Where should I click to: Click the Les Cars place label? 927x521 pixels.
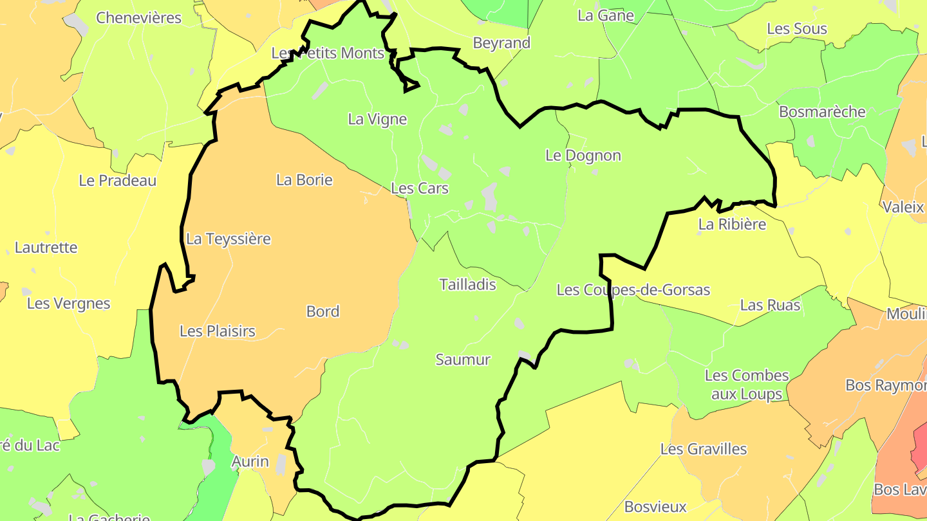point(420,188)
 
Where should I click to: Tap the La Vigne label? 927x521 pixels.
point(377,119)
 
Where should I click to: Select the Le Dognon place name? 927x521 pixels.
point(583,155)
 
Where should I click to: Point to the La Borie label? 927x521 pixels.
point(304,179)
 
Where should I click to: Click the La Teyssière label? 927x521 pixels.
point(229,239)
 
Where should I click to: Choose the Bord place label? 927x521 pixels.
point(323,311)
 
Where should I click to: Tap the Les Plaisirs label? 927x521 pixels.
point(218,331)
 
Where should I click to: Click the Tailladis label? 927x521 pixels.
point(467,284)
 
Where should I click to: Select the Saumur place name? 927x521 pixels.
point(463,360)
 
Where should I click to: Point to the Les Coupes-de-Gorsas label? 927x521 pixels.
point(633,290)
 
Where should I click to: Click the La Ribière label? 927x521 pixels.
point(733,224)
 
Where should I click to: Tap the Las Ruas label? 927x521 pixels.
point(770,305)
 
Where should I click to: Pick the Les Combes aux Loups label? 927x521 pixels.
point(747,384)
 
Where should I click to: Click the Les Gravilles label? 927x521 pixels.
point(704,449)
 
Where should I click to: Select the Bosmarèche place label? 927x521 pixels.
point(822,112)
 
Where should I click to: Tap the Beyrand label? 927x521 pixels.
point(501,43)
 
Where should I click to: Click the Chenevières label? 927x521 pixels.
point(139,17)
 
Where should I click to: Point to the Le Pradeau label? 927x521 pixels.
point(118,181)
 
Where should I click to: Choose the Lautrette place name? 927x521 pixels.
point(46,247)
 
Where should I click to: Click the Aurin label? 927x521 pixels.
point(250,461)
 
